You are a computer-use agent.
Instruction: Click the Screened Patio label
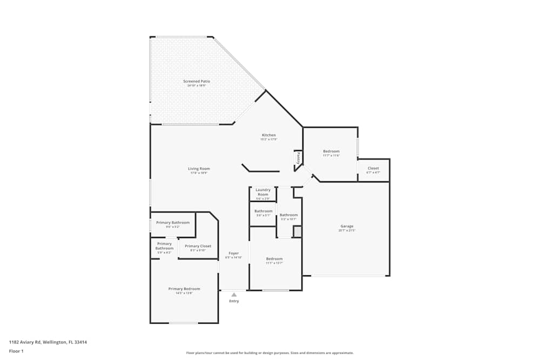(197, 81)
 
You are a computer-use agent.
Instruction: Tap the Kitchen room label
(269, 135)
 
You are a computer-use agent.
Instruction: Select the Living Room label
(199, 169)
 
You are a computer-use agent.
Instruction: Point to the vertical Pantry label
(298, 158)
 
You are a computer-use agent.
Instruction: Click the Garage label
(347, 226)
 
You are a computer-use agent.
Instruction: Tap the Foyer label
(234, 253)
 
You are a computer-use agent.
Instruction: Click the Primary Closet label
(198, 246)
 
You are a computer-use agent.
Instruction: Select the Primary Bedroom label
(184, 289)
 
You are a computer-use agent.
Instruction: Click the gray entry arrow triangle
(234, 295)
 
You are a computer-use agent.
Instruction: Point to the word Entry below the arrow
(234, 301)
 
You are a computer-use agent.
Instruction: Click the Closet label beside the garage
(373, 168)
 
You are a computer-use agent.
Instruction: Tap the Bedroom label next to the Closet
(331, 151)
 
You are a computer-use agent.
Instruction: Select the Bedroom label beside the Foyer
(274, 259)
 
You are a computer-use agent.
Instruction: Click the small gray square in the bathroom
(297, 232)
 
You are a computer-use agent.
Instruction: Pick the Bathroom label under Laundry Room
(264, 211)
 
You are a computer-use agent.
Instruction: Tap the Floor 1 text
(16, 351)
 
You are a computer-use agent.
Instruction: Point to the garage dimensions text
(347, 230)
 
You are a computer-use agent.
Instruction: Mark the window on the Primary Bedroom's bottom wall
(184, 323)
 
